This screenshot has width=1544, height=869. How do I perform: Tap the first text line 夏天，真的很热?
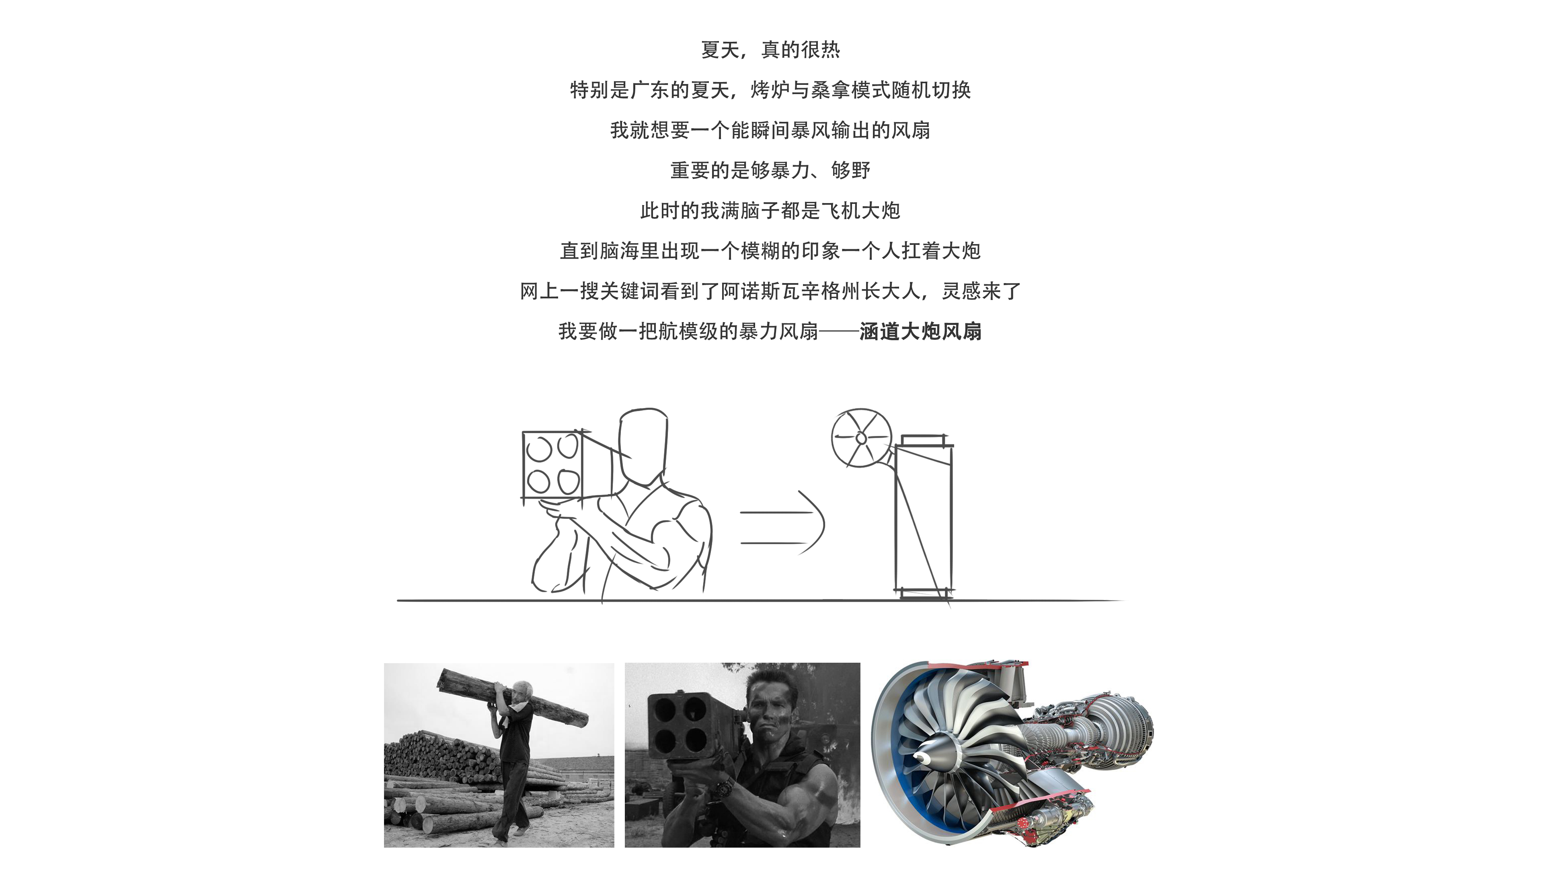(770, 50)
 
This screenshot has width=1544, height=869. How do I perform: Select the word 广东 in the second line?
(650, 90)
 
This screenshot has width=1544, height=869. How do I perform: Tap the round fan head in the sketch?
(861, 438)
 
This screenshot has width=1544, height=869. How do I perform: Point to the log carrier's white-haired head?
(524, 689)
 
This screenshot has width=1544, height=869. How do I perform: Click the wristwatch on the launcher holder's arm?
(727, 785)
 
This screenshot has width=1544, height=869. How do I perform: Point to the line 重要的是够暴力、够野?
(770, 171)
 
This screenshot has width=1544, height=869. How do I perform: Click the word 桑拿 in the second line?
(830, 90)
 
